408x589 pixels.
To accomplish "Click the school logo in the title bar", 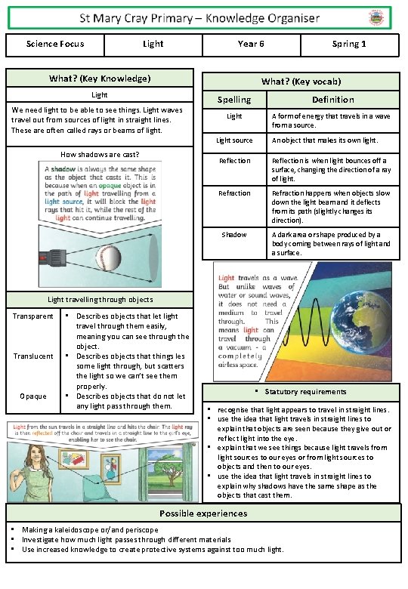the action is click(x=375, y=18).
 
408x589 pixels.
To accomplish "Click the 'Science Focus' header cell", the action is click(x=54, y=44).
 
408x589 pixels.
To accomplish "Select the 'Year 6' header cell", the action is click(x=251, y=44).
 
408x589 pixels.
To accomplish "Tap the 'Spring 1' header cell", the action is click(x=349, y=44).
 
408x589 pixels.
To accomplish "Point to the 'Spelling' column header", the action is click(x=234, y=100).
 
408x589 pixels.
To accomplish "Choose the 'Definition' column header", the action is click(x=332, y=100).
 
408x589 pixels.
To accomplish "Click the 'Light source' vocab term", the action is click(x=234, y=140).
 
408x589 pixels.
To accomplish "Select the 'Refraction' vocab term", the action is click(x=234, y=193).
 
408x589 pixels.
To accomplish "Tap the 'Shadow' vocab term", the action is click(x=234, y=235).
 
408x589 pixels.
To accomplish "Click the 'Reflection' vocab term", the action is click(x=234, y=161).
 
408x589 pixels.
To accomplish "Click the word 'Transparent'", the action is click(x=33, y=316).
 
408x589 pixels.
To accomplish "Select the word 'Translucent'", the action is click(x=33, y=356).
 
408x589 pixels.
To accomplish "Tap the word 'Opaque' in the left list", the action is click(x=33, y=396).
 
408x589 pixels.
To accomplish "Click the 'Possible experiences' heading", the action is click(x=203, y=513).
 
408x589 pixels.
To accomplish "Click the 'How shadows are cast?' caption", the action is click(x=100, y=155).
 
